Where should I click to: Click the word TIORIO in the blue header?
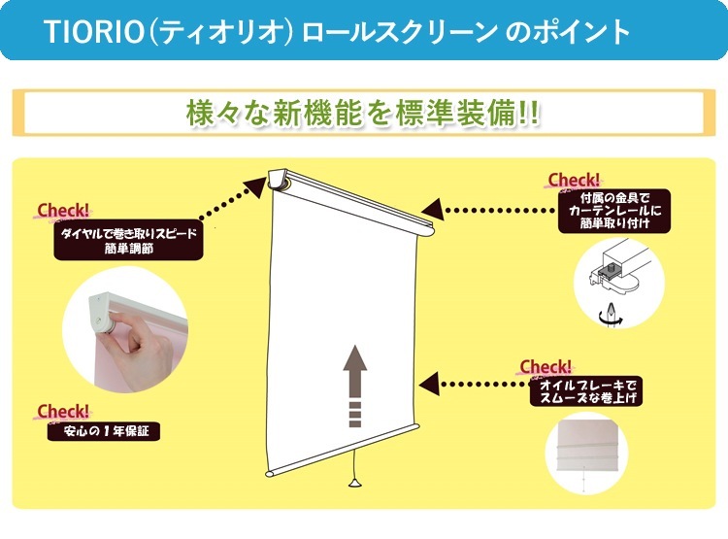pyautogui.click(x=93, y=31)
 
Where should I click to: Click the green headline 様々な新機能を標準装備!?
pyautogui.click(x=363, y=113)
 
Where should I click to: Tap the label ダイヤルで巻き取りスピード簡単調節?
pyautogui.click(x=128, y=240)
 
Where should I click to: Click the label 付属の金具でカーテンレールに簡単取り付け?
pyautogui.click(x=614, y=211)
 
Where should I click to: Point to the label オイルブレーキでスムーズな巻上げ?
pyautogui.click(x=586, y=391)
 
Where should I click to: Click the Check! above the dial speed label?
pyautogui.click(x=63, y=211)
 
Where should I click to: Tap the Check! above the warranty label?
pyautogui.click(x=63, y=412)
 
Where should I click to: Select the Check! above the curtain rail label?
pyautogui.click(x=574, y=181)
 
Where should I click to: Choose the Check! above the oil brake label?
pyautogui.click(x=546, y=367)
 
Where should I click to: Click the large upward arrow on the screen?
pyautogui.click(x=354, y=386)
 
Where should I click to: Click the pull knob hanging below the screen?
pyautogui.click(x=355, y=484)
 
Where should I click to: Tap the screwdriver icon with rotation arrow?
pyautogui.click(x=611, y=315)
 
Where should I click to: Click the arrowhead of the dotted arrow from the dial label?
pyautogui.click(x=254, y=185)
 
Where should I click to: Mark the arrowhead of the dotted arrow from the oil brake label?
pyautogui.click(x=429, y=384)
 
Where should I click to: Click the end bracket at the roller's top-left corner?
pyautogui.click(x=280, y=180)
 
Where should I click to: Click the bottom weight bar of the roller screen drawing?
pyautogui.click(x=343, y=450)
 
